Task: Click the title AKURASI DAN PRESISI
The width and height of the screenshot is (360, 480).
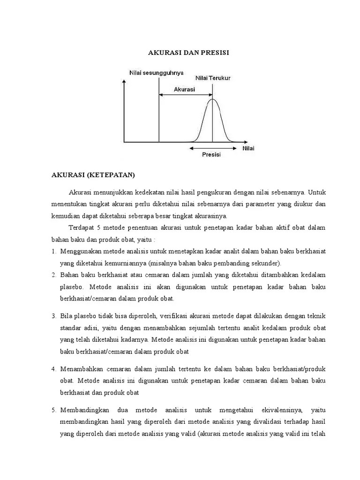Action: click(188, 54)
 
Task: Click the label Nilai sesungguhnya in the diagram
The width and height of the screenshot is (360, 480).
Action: click(156, 72)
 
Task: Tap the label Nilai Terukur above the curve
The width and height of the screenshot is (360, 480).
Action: click(213, 78)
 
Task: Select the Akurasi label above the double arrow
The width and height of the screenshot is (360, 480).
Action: click(184, 89)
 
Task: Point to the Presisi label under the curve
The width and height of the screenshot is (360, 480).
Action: click(212, 154)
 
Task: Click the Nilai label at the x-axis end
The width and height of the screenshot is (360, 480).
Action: click(249, 148)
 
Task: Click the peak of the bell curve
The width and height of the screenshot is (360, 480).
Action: click(213, 99)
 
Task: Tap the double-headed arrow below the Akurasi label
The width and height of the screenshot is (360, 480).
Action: click(186, 95)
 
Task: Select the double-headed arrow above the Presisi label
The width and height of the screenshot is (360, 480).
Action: click(212, 148)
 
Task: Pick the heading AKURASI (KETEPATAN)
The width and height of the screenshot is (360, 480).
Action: click(93, 175)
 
